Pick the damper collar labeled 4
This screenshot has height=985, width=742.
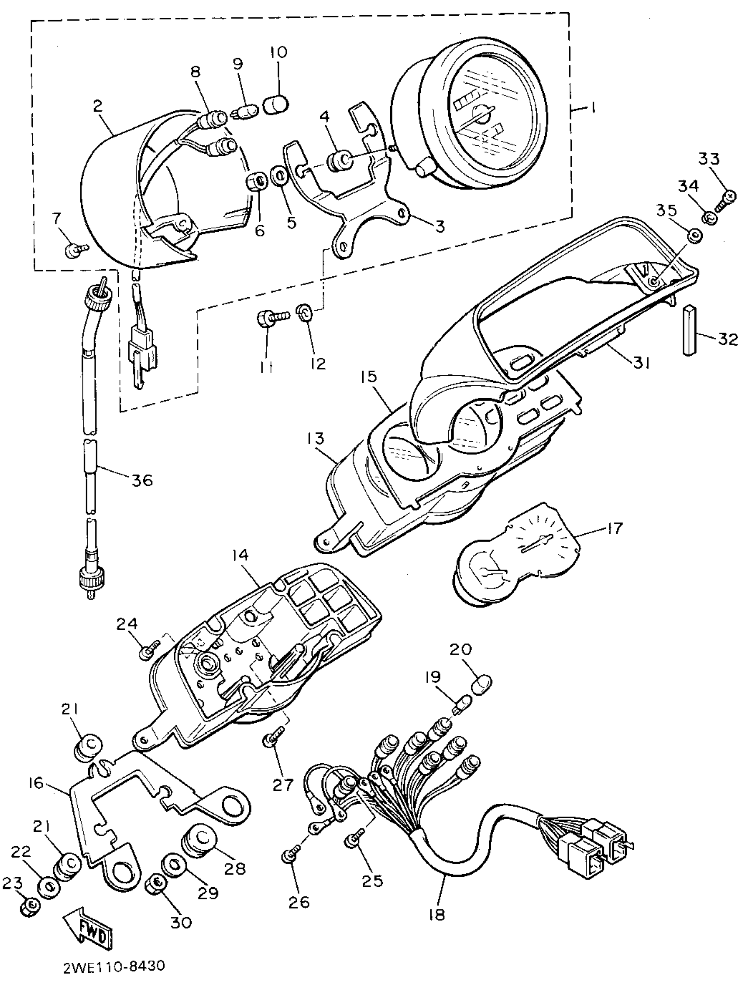point(339,160)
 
